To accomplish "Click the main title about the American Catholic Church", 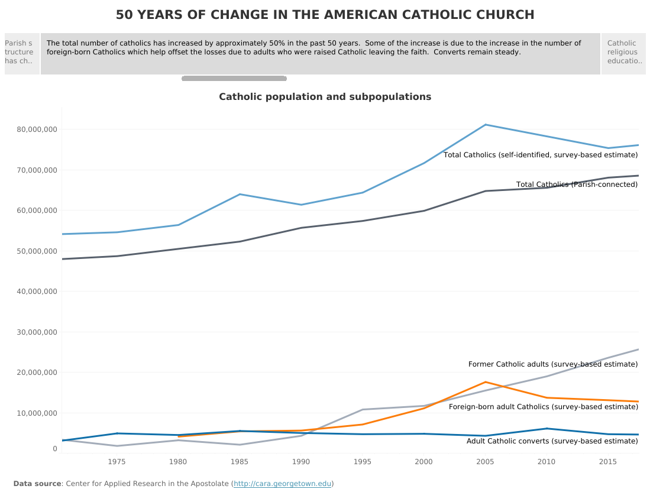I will [x=325, y=15].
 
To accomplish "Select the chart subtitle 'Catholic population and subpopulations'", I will [x=325, y=97].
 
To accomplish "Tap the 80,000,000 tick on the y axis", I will [x=37, y=129].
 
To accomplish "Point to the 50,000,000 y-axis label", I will [x=37, y=251].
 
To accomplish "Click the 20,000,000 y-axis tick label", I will [x=37, y=373].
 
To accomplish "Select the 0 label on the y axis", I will [x=54, y=449].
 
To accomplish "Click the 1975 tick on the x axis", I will [x=117, y=462].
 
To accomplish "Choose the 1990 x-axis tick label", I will [x=301, y=462].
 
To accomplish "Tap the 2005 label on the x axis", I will [x=485, y=462].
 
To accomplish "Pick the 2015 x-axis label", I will [x=608, y=462].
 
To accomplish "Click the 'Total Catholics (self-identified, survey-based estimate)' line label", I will [x=541, y=155].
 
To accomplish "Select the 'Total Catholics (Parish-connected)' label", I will [x=577, y=184].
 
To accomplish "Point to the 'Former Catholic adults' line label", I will [x=553, y=364].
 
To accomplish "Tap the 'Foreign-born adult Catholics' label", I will [x=543, y=407].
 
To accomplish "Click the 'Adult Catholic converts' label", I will [x=552, y=441].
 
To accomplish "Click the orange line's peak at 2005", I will [x=486, y=382].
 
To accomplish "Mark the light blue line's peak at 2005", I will [x=486, y=125].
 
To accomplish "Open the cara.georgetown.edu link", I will [x=282, y=484].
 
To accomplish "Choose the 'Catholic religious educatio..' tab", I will [x=623, y=53].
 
